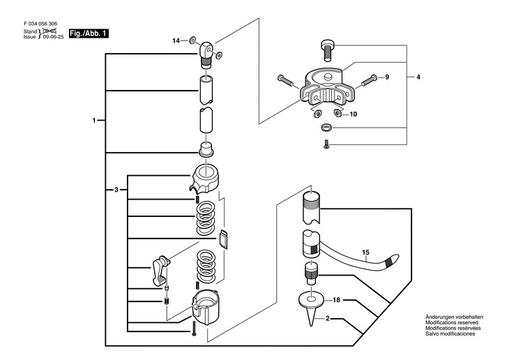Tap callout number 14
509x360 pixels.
pyautogui.click(x=176, y=41)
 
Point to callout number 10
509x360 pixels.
pyautogui.click(x=353, y=114)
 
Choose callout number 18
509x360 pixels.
pyautogui.click(x=336, y=300)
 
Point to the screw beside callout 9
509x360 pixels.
pyautogui.click(x=369, y=83)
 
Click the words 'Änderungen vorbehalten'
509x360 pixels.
pyautogui.click(x=454, y=317)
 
